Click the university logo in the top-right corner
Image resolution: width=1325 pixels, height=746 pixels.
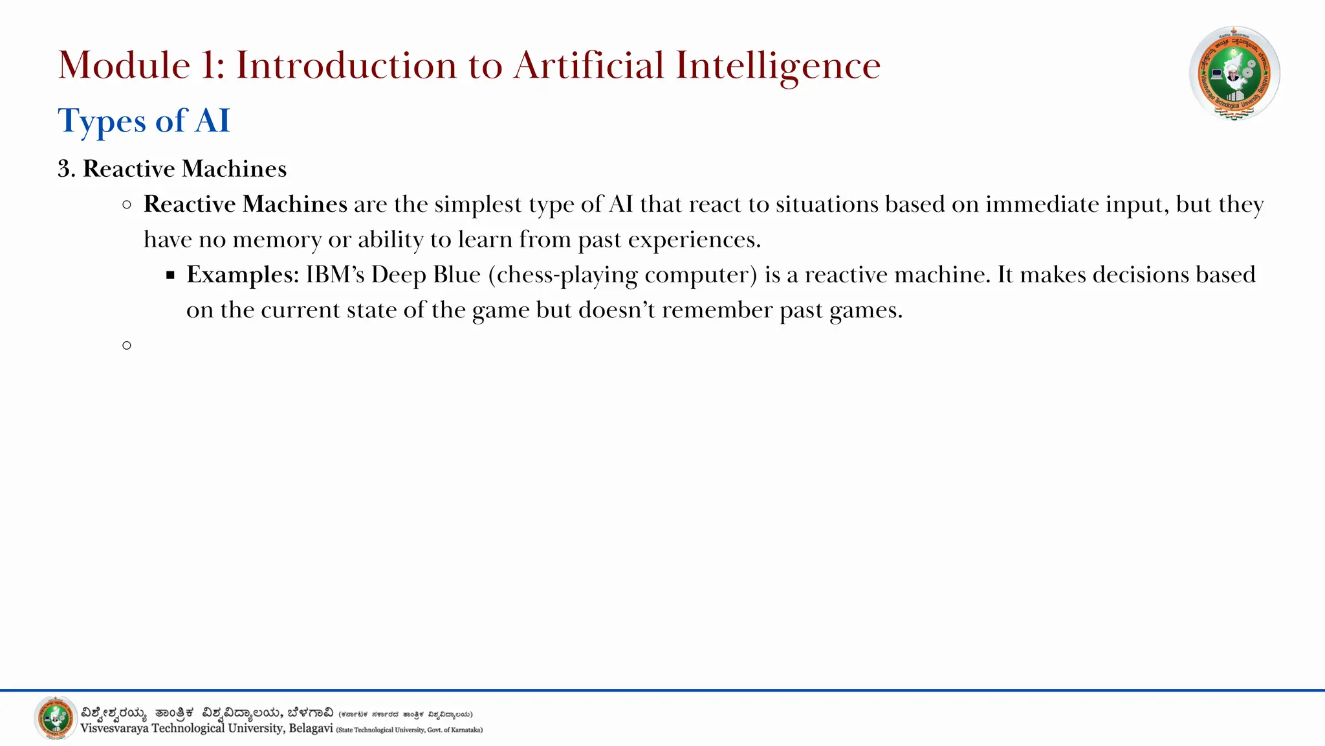[1234, 73]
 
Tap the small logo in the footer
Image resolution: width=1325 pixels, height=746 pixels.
[56, 718]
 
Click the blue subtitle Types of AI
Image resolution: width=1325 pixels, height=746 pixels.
[144, 121]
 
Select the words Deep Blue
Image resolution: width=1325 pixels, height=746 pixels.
[426, 275]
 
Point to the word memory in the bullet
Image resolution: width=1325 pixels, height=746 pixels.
[277, 240]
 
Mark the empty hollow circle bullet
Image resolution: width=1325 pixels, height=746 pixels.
[127, 346]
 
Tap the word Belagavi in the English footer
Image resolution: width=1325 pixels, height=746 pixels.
[311, 729]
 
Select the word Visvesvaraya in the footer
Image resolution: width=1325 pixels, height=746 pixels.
[115, 729]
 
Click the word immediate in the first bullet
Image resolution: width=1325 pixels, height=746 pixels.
[1042, 205]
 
